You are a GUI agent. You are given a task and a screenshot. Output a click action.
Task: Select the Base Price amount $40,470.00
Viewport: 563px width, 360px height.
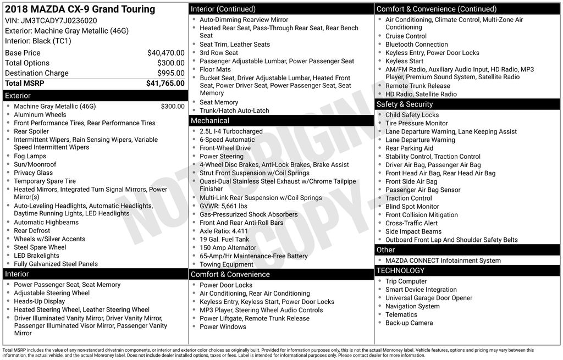(165, 53)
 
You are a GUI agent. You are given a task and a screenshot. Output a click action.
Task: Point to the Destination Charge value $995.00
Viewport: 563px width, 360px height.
(170, 73)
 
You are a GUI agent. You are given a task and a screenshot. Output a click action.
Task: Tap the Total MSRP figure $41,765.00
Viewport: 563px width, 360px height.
(165, 84)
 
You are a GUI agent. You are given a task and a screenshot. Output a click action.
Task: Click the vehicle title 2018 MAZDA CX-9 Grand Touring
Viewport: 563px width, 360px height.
(80, 9)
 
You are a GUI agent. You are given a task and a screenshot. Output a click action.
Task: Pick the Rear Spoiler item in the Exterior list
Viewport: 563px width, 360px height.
(31, 131)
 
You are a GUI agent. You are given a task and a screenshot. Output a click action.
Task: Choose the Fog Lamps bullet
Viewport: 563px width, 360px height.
(30, 156)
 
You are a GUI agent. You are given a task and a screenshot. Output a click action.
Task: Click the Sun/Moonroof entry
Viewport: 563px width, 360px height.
(35, 164)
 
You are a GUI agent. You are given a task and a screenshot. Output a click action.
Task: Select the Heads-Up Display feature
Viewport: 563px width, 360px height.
(39, 301)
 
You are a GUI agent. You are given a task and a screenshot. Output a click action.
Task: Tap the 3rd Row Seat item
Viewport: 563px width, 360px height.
(219, 53)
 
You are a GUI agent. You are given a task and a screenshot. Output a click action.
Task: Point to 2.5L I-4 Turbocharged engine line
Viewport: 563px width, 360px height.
(231, 131)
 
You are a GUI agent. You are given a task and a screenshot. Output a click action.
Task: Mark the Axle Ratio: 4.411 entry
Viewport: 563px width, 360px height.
(224, 231)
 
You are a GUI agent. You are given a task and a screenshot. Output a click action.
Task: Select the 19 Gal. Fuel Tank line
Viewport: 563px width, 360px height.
(224, 239)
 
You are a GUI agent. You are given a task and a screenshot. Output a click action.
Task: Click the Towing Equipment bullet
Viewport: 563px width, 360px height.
(227, 264)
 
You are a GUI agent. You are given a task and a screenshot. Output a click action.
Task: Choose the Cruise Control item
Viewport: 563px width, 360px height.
(406, 36)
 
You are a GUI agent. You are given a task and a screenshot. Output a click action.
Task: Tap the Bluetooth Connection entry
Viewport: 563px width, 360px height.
(416, 45)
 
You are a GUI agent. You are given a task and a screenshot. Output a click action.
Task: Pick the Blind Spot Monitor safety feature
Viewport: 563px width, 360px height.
(412, 207)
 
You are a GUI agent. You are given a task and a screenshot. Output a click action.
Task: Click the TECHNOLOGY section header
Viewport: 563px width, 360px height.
(400, 270)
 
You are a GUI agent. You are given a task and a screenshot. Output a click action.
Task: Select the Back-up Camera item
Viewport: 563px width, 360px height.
(409, 323)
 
